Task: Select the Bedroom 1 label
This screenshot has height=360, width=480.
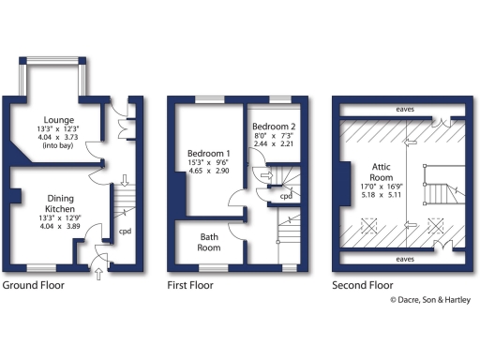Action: (x=209, y=153)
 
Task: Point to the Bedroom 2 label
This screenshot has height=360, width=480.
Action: (x=274, y=126)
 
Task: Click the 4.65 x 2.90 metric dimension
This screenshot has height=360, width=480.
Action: (x=209, y=173)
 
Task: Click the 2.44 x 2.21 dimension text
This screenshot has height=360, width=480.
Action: (x=274, y=144)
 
